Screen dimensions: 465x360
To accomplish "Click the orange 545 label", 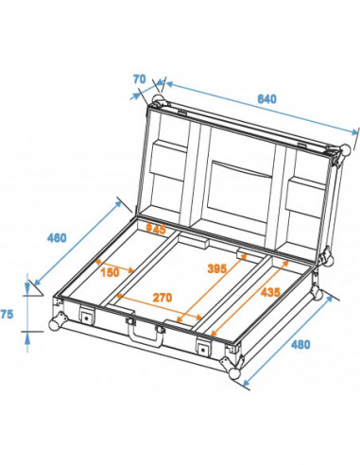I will tap(155, 228).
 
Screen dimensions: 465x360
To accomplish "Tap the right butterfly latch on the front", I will tap(202, 347).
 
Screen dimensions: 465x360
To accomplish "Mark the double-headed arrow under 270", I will tap(161, 306).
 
